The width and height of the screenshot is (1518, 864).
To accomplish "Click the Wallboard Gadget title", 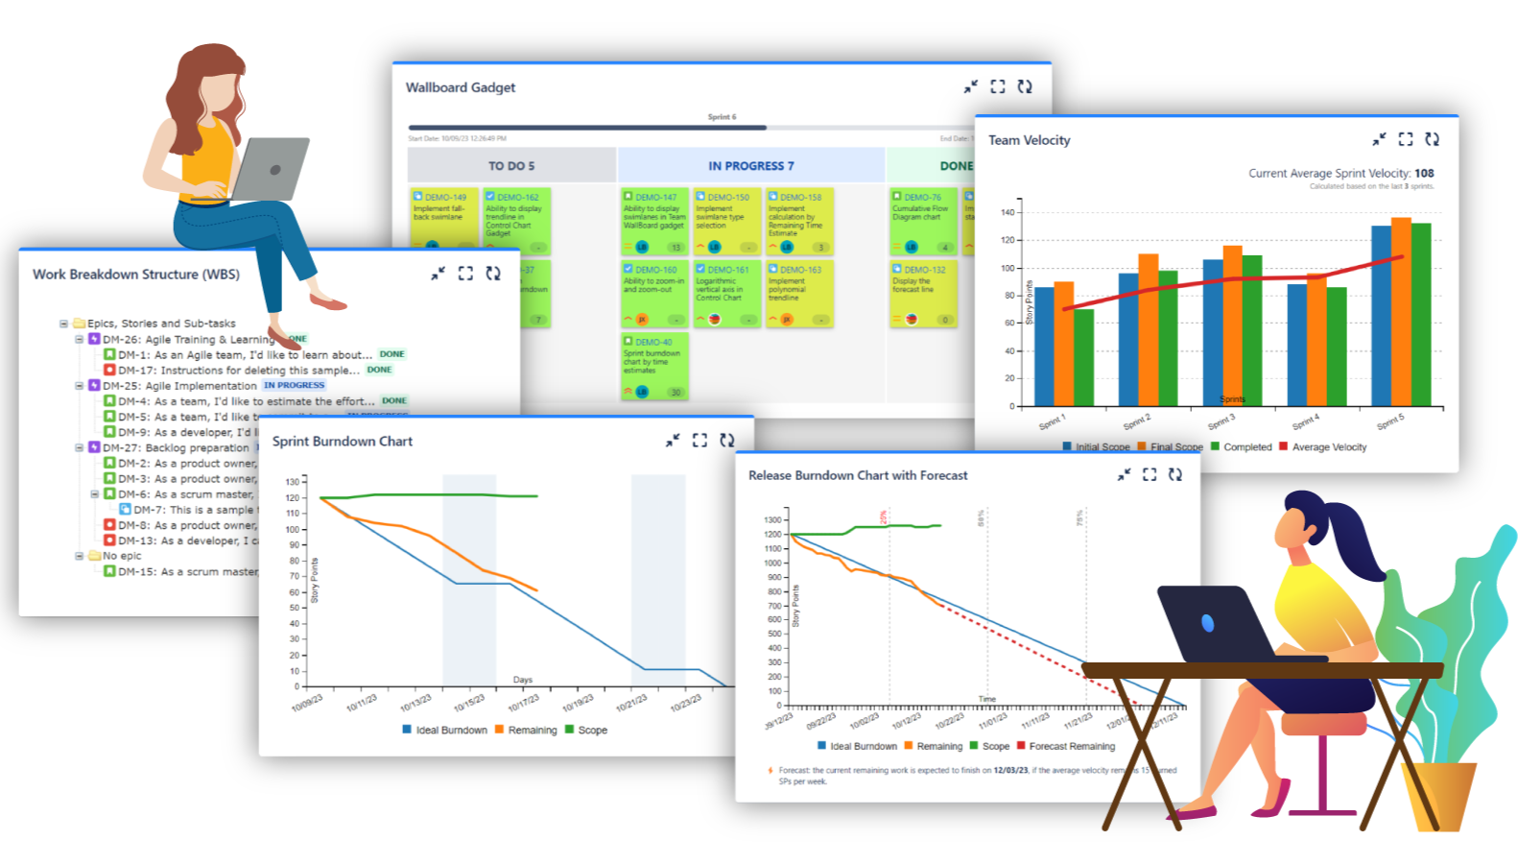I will pyautogui.click(x=461, y=87).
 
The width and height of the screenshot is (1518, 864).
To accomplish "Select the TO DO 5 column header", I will pyautogui.click(x=511, y=166).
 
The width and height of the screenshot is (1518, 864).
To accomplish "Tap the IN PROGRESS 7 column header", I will pyautogui.click(x=750, y=166).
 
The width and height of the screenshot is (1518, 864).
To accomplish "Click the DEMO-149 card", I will pyautogui.click(x=442, y=217).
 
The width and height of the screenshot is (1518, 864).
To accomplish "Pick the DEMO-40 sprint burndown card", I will pyautogui.click(x=654, y=365).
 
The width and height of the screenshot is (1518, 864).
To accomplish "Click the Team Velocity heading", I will pyautogui.click(x=1029, y=140).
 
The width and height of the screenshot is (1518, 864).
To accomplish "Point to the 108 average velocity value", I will pyautogui.click(x=1424, y=174).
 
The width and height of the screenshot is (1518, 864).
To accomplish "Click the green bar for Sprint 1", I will pyautogui.click(x=1084, y=357).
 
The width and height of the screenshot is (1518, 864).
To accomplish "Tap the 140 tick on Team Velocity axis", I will pyautogui.click(x=1007, y=213).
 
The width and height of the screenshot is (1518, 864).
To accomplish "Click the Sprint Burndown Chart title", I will pyautogui.click(x=342, y=442).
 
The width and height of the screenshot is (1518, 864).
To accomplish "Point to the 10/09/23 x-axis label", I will pyautogui.click(x=307, y=704).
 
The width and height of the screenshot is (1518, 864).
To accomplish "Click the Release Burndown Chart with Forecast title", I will pyautogui.click(x=858, y=475).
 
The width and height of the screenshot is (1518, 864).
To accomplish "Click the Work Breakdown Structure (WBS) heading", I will pyautogui.click(x=136, y=275).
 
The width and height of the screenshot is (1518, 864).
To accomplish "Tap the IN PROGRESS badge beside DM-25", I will pyautogui.click(x=295, y=385).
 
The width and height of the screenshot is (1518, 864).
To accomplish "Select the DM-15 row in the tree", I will pyautogui.click(x=182, y=572).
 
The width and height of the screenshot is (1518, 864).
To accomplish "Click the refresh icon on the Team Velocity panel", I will pyautogui.click(x=1432, y=139).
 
